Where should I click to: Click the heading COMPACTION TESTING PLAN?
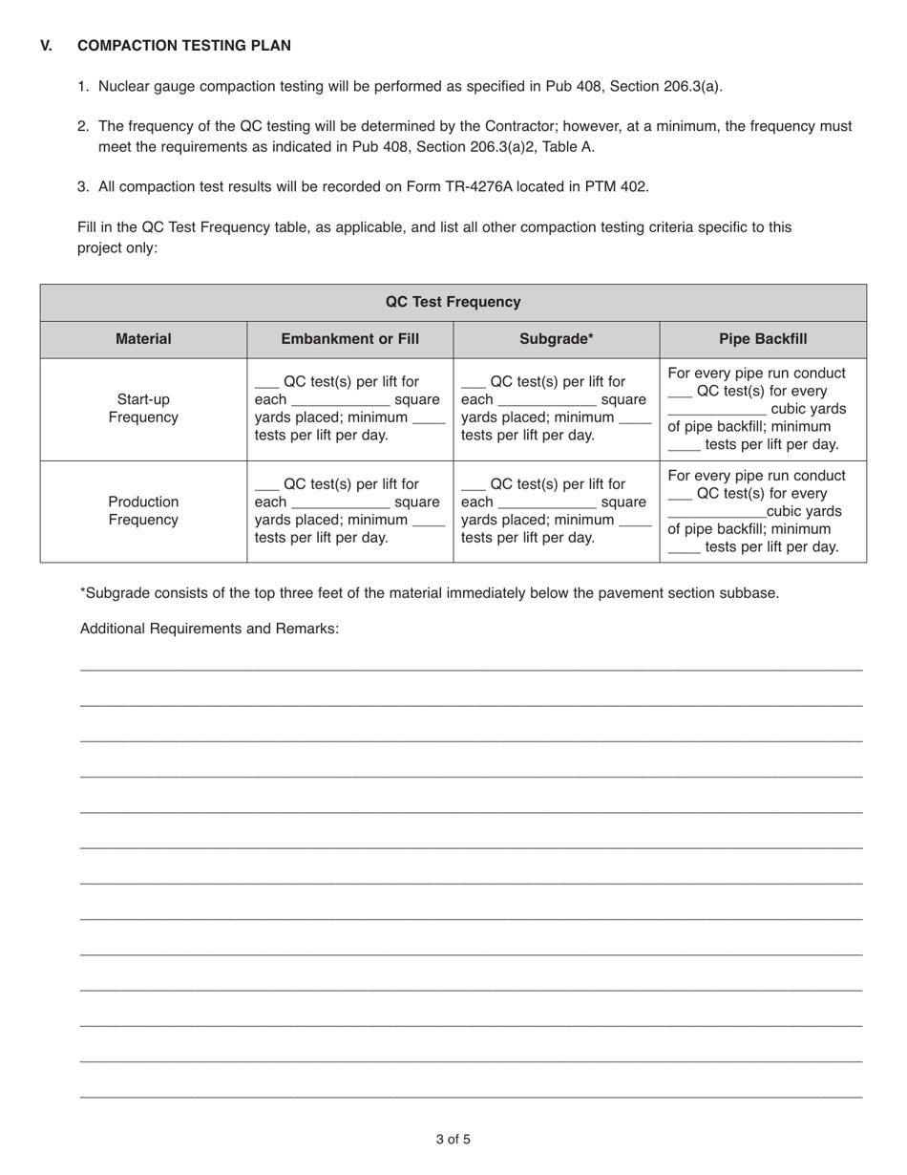point(184,46)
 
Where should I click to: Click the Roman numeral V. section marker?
point(47,46)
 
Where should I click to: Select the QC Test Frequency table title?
point(453,302)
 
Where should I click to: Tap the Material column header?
point(143,339)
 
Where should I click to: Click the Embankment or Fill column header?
point(349,339)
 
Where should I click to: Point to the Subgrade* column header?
point(557,339)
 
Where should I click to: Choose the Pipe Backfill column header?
point(763,339)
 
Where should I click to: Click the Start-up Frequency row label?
point(143,409)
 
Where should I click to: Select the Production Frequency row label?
point(143,511)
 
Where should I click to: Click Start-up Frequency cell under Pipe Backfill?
point(763,409)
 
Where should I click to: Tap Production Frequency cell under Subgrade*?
point(557,511)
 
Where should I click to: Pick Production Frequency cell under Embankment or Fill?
point(349,511)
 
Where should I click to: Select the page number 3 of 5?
point(453,1139)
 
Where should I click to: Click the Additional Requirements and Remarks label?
point(209,629)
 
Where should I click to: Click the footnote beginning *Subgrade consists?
point(430,593)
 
